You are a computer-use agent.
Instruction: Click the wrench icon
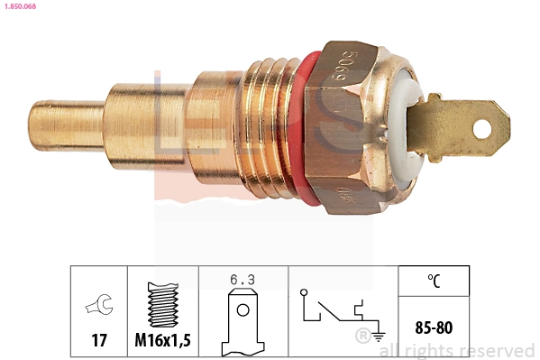pyautogui.click(x=100, y=307)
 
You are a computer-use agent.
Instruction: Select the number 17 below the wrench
pyautogui.click(x=100, y=340)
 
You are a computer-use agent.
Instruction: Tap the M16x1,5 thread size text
pyautogui.click(x=162, y=340)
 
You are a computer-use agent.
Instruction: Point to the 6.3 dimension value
pyautogui.click(x=243, y=281)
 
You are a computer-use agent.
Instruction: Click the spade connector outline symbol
pyautogui.click(x=243, y=320)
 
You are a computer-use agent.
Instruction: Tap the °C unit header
pyautogui.click(x=434, y=281)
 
